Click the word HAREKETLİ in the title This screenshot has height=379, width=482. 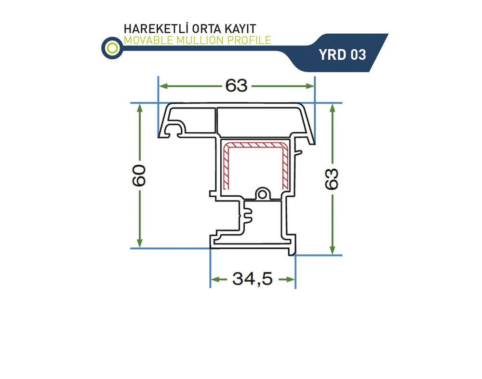156,28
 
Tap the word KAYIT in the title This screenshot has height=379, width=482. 241,28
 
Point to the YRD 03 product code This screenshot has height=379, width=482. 342,55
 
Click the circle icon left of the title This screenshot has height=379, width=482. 112,48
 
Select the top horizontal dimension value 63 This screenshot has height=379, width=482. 236,85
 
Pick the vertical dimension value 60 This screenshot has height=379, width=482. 139,176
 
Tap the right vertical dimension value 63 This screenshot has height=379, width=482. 332,179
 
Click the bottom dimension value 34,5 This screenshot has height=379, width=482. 253,279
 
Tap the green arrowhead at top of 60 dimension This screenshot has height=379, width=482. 140,108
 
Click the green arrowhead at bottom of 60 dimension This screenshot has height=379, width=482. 140,244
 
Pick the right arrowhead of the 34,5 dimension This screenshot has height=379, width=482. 291,279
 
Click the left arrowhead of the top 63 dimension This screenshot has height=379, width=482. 164,86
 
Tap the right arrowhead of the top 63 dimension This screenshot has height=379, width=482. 309,86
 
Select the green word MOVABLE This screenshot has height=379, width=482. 148,40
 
